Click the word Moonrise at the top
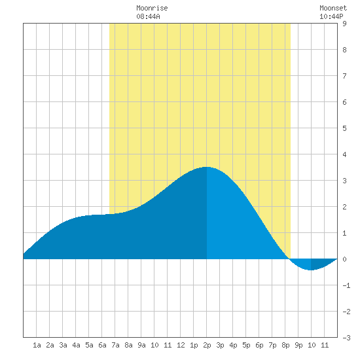pyautogui.click(x=152, y=8)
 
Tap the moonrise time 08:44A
pyautogui.click(x=148, y=16)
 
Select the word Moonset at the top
pyautogui.click(x=333, y=8)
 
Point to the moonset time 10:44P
pyautogui.click(x=331, y=16)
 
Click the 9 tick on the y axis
pyautogui.click(x=344, y=24)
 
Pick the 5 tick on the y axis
pyautogui.click(x=344, y=128)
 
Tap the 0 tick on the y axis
pyautogui.click(x=344, y=259)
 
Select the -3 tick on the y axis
pyautogui.click(x=346, y=338)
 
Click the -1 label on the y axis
pyautogui.click(x=346, y=285)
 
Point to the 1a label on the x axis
pyautogui.click(x=37, y=345)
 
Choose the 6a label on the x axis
pyautogui.click(x=102, y=345)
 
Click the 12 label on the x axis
pyautogui.click(x=181, y=345)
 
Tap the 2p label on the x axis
pyautogui.click(x=207, y=345)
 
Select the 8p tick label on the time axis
pyautogui.click(x=285, y=345)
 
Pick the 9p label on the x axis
pyautogui.click(x=298, y=345)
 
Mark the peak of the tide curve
pyautogui.click(x=206, y=167)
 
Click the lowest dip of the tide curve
pyautogui.click(x=311, y=270)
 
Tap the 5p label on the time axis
pyautogui.click(x=246, y=345)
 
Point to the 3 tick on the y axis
pyautogui.click(x=344, y=181)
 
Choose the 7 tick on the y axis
pyautogui.click(x=344, y=76)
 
